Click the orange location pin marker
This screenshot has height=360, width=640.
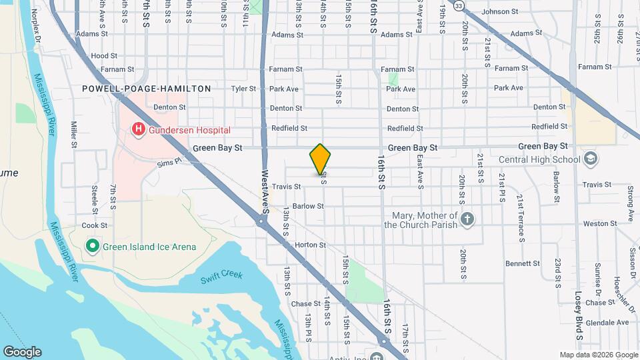click(320, 159)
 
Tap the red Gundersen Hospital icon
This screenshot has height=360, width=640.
click(139, 129)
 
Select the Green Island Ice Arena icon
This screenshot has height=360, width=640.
click(93, 247)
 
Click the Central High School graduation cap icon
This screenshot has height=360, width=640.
click(590, 159)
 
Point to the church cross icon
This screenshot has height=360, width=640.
click(468, 219)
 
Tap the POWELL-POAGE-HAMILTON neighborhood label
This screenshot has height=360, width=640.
click(147, 89)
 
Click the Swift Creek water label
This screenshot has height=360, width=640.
click(221, 276)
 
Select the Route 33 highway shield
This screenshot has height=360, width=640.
click(458, 5)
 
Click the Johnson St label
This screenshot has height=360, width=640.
click(500, 11)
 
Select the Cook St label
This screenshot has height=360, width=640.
click(95, 226)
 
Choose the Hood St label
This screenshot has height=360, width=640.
click(104, 56)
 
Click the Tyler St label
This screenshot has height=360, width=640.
click(243, 89)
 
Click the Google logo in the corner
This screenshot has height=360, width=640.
click(22, 352)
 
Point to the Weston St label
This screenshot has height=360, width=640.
click(597, 224)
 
